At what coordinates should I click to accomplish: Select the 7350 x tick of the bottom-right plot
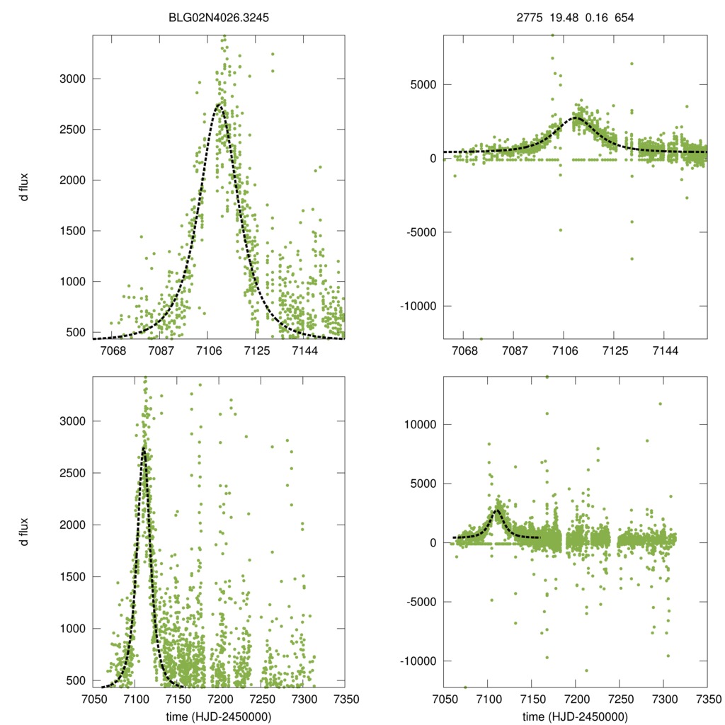click(706, 699)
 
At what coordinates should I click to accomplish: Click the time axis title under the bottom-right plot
click(574, 716)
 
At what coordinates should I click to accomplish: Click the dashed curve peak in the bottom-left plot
click(144, 448)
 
